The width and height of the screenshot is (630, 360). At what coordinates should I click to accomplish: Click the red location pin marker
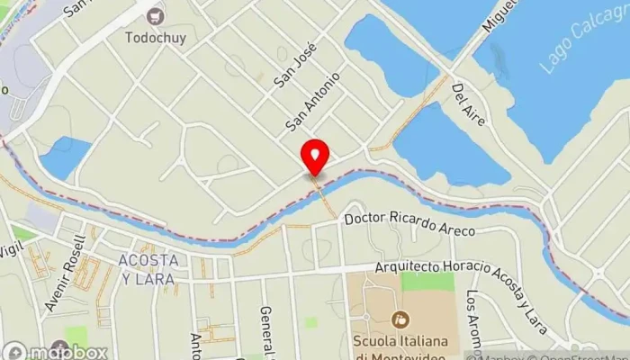pyautogui.click(x=314, y=157)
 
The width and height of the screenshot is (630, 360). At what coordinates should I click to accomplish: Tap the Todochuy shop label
pyautogui.click(x=156, y=39)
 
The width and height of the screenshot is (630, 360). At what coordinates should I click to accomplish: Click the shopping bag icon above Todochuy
pyautogui.click(x=157, y=15)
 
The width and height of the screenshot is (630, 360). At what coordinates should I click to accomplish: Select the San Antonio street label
pyautogui.click(x=313, y=99)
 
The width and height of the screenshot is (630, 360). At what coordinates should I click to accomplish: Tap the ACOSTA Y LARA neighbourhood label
pyautogui.click(x=146, y=268)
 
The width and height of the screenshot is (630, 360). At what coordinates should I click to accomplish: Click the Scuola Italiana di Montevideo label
pyautogui.click(x=401, y=349)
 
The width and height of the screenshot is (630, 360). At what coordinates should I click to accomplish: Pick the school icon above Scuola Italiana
pyautogui.click(x=401, y=319)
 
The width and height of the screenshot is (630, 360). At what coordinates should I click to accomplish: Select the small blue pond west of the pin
pyautogui.click(x=65, y=157)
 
